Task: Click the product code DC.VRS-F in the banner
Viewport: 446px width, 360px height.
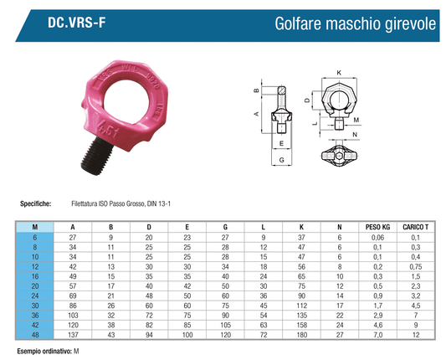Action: click(76, 23)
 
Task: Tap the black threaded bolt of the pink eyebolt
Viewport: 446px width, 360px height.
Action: click(96, 156)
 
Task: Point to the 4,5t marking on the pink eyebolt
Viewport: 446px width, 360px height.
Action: click(107, 129)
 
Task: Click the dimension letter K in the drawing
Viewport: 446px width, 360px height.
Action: click(339, 73)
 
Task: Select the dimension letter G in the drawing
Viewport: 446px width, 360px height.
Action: click(282, 160)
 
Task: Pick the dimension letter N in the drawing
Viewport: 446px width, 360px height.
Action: click(355, 135)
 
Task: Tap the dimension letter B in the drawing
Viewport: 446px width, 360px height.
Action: click(256, 90)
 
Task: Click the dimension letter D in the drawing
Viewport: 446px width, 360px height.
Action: click(307, 100)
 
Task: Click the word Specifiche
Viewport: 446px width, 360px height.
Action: click(35, 203)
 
